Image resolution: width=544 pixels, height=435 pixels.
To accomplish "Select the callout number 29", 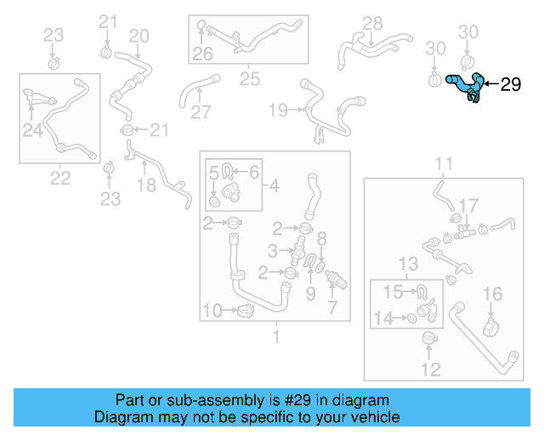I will (509, 84).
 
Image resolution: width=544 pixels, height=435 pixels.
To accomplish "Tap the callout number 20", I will (139, 36).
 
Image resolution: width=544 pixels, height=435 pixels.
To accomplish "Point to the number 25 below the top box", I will (249, 79).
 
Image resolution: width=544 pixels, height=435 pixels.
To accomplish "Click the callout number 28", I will (373, 23).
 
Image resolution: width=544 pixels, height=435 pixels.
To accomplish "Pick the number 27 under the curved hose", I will (201, 112).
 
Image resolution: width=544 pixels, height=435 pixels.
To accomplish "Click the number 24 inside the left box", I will (32, 130).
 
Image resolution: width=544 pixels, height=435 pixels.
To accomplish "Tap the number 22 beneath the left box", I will (60, 177).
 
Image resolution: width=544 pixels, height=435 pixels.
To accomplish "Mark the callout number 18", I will (147, 185).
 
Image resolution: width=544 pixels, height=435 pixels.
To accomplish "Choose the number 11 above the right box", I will (445, 163).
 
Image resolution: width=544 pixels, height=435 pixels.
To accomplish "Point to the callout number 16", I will (493, 294).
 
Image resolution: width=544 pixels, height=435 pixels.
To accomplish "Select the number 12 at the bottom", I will (431, 369).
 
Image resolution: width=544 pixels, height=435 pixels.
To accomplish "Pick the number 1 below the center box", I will (275, 337).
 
